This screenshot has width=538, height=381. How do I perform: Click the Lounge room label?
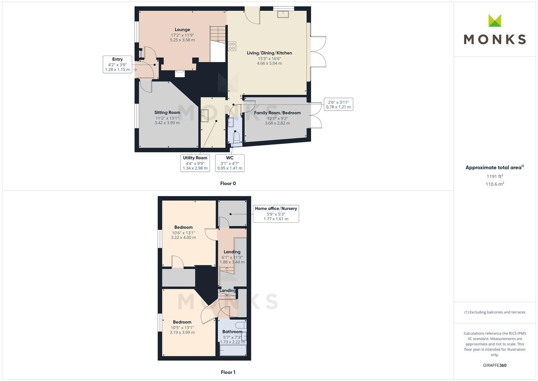click(x=182, y=30)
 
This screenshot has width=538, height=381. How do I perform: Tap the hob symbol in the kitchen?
click(x=232, y=46)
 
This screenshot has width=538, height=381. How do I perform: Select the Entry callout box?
click(x=117, y=64)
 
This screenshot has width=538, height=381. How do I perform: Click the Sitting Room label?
click(x=167, y=113)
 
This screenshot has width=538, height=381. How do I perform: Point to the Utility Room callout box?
click(x=195, y=163)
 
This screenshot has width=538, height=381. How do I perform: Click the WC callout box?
click(x=230, y=163)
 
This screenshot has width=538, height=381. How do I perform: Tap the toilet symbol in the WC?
click(x=236, y=137)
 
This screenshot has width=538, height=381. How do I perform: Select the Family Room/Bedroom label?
click(x=277, y=113)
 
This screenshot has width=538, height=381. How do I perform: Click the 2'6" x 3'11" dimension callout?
click(x=338, y=104)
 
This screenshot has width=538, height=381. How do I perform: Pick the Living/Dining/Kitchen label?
click(x=269, y=53)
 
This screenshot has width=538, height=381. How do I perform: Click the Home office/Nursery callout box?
click(x=276, y=213)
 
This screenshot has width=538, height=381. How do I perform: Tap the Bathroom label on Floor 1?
click(x=232, y=332)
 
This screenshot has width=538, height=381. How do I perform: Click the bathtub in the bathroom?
click(x=233, y=350)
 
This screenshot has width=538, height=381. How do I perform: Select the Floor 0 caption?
click(x=228, y=183)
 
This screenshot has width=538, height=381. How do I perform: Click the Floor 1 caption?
click(x=228, y=372)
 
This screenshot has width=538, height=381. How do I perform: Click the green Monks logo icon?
click(x=495, y=21)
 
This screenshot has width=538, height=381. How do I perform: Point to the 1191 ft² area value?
click(x=495, y=176)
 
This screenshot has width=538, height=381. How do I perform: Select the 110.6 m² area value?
click(x=495, y=184)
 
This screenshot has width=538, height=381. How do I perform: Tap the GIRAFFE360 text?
click(x=495, y=365)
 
